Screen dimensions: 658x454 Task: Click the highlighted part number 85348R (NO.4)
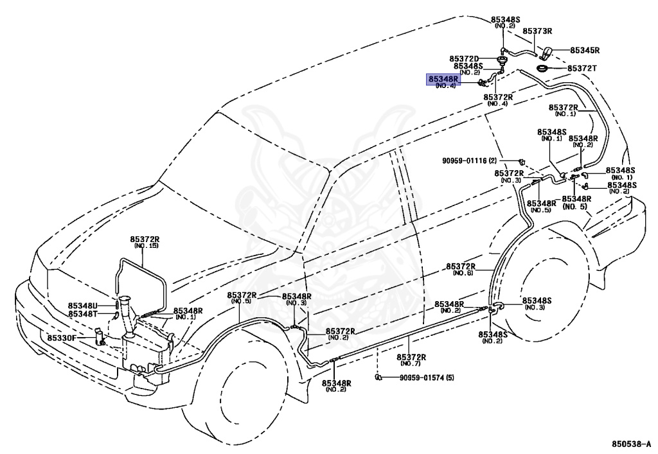(443, 82)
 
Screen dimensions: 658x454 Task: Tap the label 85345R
(585, 50)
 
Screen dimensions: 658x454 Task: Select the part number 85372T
(582, 68)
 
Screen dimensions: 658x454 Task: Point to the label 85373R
(537, 31)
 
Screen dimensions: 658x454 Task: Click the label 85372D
(464, 59)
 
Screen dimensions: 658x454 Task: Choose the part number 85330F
(62, 338)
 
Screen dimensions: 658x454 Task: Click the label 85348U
(83, 306)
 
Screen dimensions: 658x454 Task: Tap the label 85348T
(83, 313)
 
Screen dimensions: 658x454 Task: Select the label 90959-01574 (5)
(427, 378)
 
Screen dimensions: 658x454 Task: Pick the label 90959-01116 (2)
(470, 161)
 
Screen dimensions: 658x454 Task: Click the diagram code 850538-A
(631, 444)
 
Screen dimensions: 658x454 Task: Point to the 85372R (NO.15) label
(145, 242)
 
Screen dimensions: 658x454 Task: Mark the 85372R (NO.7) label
(412, 360)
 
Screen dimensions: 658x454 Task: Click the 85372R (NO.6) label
(461, 269)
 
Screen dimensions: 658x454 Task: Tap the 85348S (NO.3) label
(537, 304)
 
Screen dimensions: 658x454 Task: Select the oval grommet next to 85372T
(543, 68)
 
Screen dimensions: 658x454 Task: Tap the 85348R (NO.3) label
(296, 299)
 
